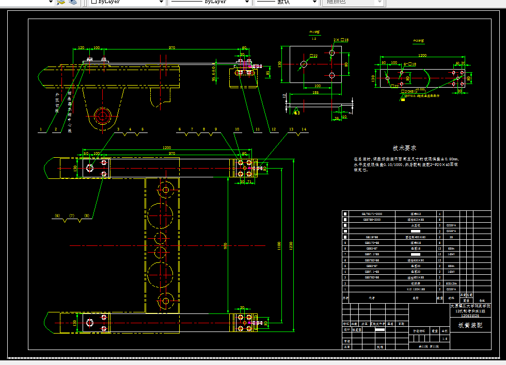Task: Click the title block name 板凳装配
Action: (469, 325)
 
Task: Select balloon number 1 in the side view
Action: (40, 129)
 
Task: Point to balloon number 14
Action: (304, 129)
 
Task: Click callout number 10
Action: (237, 129)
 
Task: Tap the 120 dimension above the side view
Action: (81, 48)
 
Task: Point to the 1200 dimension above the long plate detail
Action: (422, 55)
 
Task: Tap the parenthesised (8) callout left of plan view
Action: (87, 215)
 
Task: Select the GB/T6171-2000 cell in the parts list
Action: (369, 213)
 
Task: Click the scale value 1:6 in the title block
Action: (445, 338)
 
